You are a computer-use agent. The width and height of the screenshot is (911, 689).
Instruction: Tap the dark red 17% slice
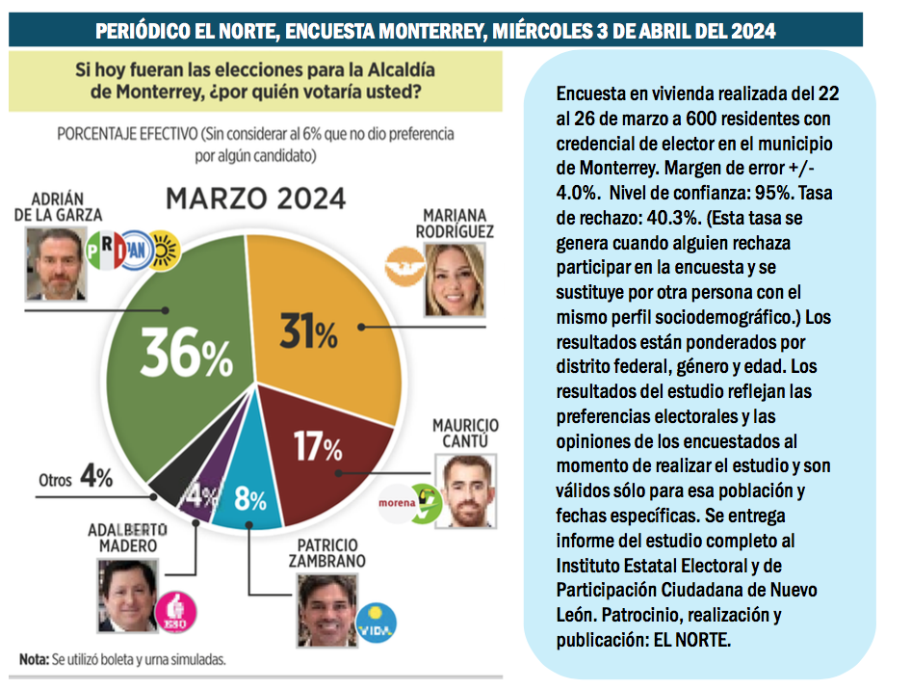tap(308, 443)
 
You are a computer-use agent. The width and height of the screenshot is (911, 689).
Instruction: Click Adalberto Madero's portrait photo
tap(126, 595)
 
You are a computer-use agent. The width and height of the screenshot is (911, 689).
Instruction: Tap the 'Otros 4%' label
tap(76, 477)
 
